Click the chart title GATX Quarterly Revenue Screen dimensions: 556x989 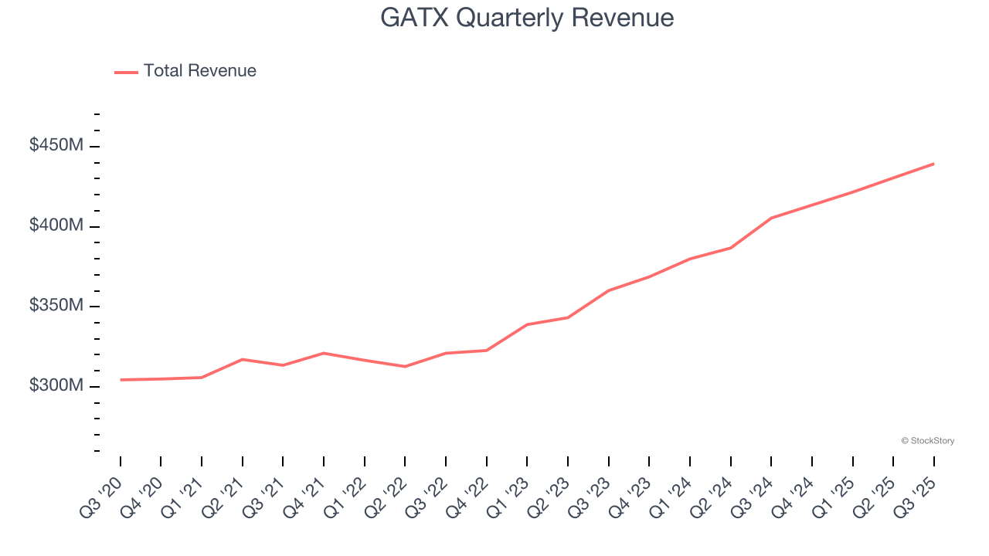point(527,18)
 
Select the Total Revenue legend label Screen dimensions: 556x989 point(199,71)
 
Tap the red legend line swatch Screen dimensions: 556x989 point(126,72)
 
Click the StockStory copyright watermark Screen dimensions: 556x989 point(927,441)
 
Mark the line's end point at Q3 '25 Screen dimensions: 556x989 point(934,164)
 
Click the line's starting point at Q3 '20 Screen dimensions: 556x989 point(121,380)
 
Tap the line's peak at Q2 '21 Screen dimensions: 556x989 point(243,359)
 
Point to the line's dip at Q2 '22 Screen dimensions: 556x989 point(405,366)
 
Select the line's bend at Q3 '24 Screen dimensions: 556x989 point(771,218)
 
